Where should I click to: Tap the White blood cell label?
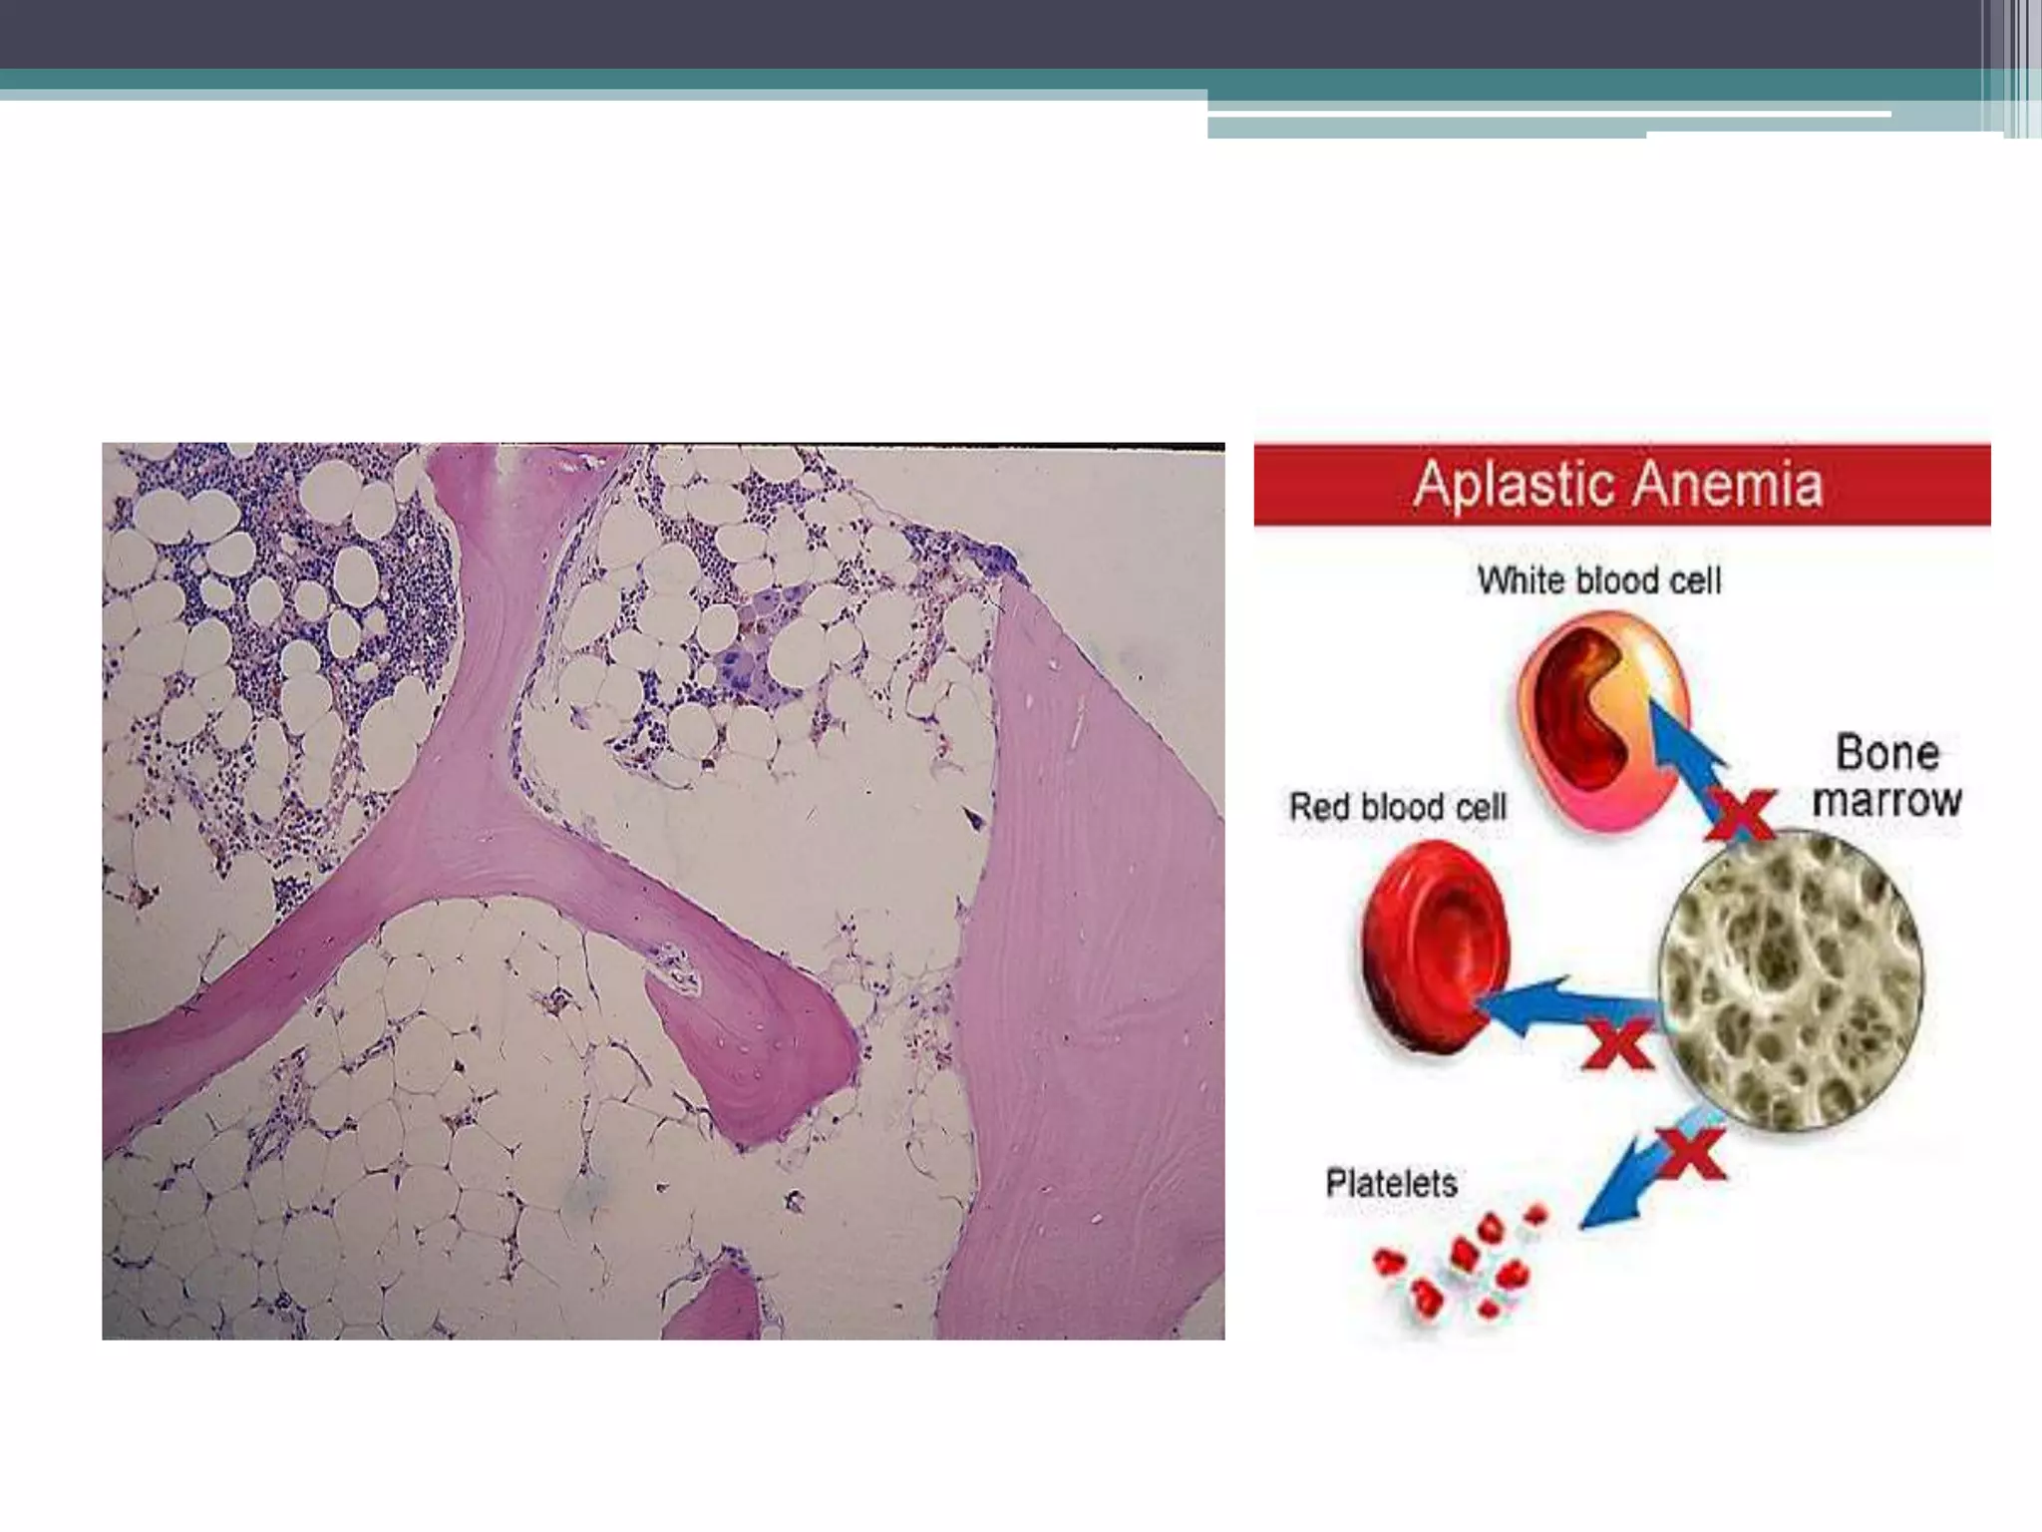(1599, 580)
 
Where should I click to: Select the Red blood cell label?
(1397, 806)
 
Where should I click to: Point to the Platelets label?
(1391, 1184)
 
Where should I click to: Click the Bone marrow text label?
(1886, 776)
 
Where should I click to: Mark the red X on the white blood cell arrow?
(1741, 813)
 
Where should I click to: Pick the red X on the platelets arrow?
(1689, 1154)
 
